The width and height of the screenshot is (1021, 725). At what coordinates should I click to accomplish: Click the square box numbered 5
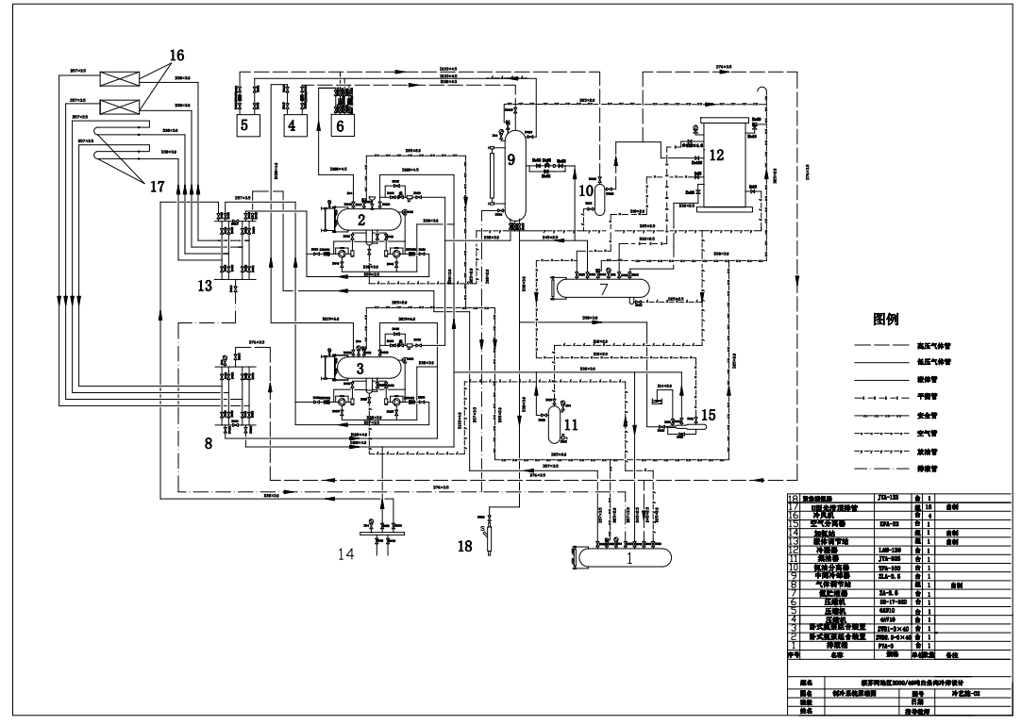243,124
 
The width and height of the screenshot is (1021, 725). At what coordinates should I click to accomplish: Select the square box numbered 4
292,124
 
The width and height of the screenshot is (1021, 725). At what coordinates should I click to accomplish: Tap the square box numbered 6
341,124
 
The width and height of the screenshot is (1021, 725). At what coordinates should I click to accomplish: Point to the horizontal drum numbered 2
360,218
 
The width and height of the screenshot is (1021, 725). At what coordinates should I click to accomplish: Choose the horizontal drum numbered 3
360,368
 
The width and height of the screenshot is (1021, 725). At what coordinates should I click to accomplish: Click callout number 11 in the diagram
570,425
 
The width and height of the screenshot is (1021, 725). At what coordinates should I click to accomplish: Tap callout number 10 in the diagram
585,190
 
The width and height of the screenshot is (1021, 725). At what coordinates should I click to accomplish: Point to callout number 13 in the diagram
205,288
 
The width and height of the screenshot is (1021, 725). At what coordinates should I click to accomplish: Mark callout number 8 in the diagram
209,444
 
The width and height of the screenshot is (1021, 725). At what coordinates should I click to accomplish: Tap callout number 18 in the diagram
464,544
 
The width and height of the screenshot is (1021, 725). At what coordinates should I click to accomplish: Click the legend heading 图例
892,320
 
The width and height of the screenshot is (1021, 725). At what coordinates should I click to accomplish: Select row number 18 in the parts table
794,497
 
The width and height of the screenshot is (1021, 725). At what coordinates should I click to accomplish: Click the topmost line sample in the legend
881,346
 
